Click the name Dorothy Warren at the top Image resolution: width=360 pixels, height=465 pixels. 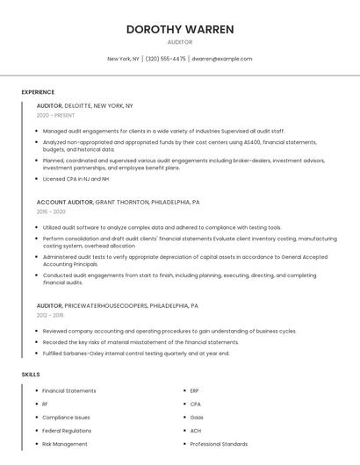coord(179,29)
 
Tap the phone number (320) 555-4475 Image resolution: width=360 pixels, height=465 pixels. coord(166,59)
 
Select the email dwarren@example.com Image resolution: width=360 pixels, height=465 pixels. coord(221,59)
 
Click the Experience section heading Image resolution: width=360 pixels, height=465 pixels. coord(38,92)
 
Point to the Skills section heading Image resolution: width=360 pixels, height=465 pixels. coord(31,375)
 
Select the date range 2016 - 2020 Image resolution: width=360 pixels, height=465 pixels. coord(51,211)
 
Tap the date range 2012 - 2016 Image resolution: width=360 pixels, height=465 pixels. coord(50,315)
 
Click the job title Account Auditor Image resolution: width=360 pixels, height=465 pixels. coord(64,202)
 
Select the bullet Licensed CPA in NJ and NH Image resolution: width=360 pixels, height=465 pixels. coord(76,179)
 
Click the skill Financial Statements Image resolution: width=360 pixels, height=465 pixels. coord(68,390)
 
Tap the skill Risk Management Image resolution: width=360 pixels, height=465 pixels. coord(64,444)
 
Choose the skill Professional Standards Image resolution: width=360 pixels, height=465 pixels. coord(219,444)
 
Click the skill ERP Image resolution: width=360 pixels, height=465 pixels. coord(195,390)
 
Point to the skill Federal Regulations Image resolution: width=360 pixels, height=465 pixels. coord(67,431)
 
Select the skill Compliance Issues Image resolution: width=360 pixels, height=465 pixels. coord(66,418)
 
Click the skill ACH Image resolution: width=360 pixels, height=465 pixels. coord(196,431)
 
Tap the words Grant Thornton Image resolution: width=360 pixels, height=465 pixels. coord(121,202)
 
